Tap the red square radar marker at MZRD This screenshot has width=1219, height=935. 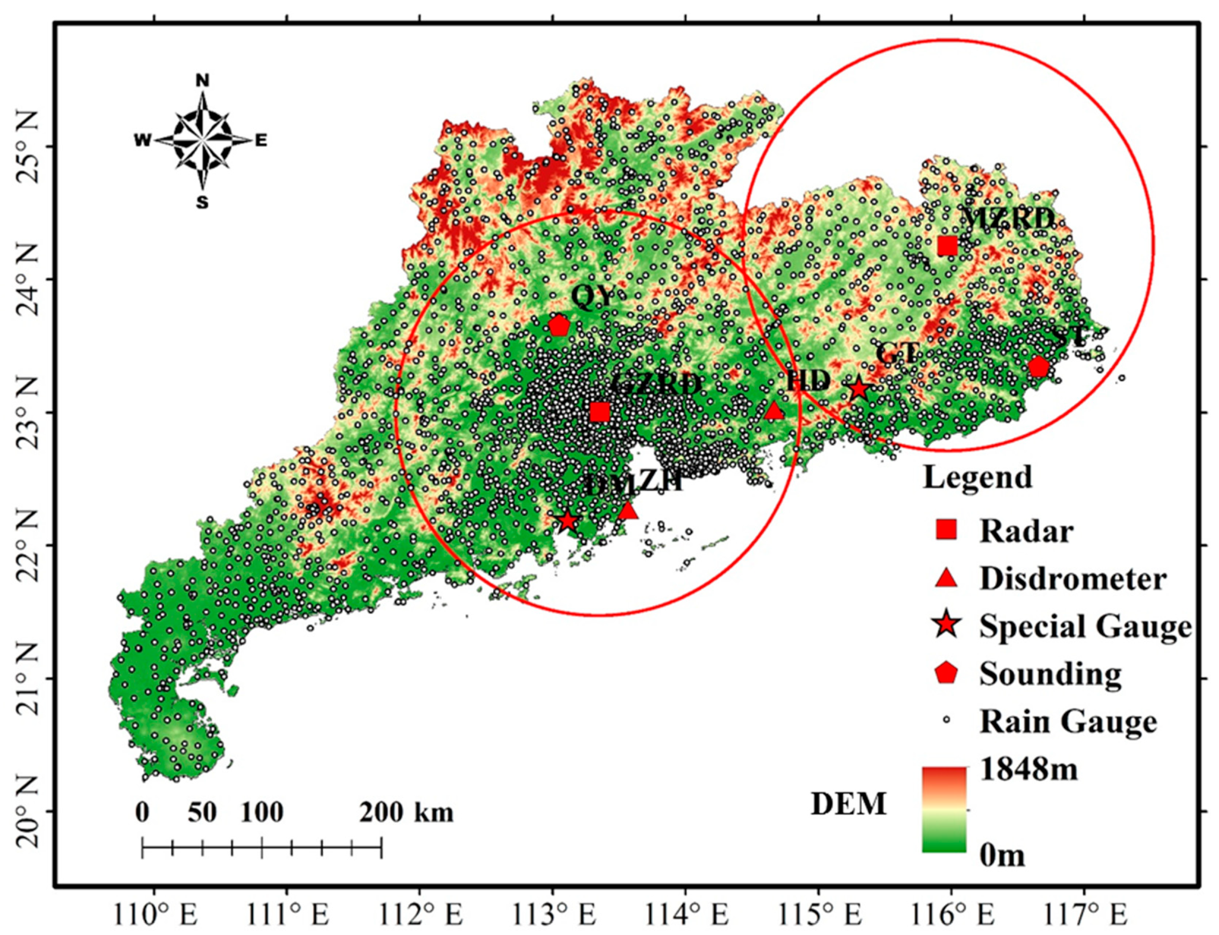pos(947,245)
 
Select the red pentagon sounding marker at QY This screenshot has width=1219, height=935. pos(559,326)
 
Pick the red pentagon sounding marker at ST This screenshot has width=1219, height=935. pos(1039,367)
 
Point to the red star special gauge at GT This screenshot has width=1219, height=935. pos(859,389)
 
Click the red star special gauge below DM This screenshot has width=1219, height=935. pos(567,521)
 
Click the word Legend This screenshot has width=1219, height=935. pos(977,478)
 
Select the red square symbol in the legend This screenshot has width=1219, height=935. pos(946,530)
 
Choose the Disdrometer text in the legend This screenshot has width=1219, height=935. pos(1073,579)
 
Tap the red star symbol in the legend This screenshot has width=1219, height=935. pos(946,626)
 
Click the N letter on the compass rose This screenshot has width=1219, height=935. pos(202,81)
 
